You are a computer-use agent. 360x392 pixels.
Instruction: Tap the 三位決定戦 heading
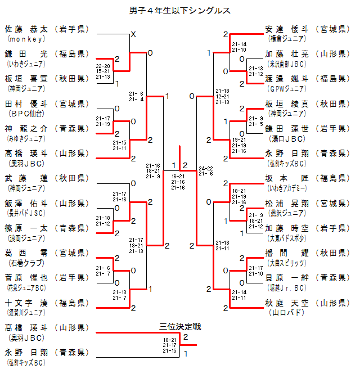coord(180,326)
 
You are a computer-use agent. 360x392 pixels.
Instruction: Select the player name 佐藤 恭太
coord(27,29)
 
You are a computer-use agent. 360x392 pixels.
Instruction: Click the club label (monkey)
coord(25,39)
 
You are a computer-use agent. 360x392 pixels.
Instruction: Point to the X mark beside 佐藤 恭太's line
coord(133,35)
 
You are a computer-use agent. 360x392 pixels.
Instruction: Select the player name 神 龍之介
coord(27,128)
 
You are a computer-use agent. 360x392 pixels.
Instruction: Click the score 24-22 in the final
coord(206,168)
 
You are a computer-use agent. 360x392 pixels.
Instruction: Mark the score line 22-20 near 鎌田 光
coord(103,66)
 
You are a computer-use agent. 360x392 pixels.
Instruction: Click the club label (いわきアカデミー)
coord(287,188)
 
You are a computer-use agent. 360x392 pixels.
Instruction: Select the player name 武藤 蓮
coord(27,178)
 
